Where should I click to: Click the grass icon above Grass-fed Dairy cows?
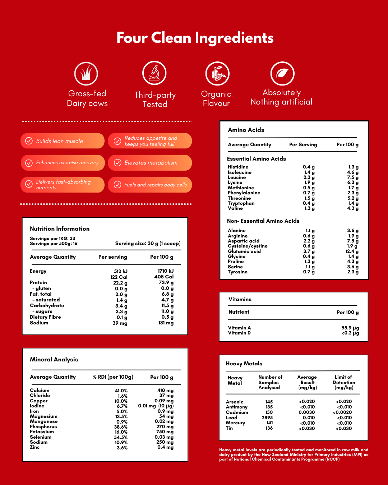pyautogui.click(x=86, y=74)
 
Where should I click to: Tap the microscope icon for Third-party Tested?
pyautogui.click(x=154, y=73)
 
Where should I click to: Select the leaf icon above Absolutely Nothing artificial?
pyautogui.click(x=282, y=74)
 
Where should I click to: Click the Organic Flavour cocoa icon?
pyautogui.click(x=217, y=73)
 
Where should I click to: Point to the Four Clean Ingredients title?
pyautogui.click(x=195, y=38)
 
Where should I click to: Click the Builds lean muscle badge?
pyautogui.click(x=63, y=141)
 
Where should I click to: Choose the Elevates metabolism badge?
pyautogui.click(x=150, y=163)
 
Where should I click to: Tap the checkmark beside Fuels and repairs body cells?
pyautogui.click(x=117, y=185)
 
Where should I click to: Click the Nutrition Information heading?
pyautogui.click(x=60, y=228)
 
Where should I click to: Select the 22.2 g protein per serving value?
pyautogui.click(x=120, y=283)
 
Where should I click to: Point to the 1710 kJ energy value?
pyautogui.click(x=166, y=271)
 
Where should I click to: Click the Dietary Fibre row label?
pyautogui.click(x=45, y=317)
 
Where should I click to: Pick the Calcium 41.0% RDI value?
pyautogui.click(x=121, y=391)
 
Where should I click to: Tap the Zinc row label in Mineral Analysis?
pyautogui.click(x=35, y=447)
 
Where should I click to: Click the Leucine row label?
pyautogui.click(x=237, y=177)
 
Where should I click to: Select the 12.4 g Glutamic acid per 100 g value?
pyautogui.click(x=352, y=251)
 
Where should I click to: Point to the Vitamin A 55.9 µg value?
pyautogui.click(x=350, y=328)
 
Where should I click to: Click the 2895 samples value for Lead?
pyautogui.click(x=267, y=417)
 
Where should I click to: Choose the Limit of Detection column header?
pyautogui.click(x=344, y=382)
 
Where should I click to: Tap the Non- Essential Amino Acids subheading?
pyautogui.click(x=263, y=221)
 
